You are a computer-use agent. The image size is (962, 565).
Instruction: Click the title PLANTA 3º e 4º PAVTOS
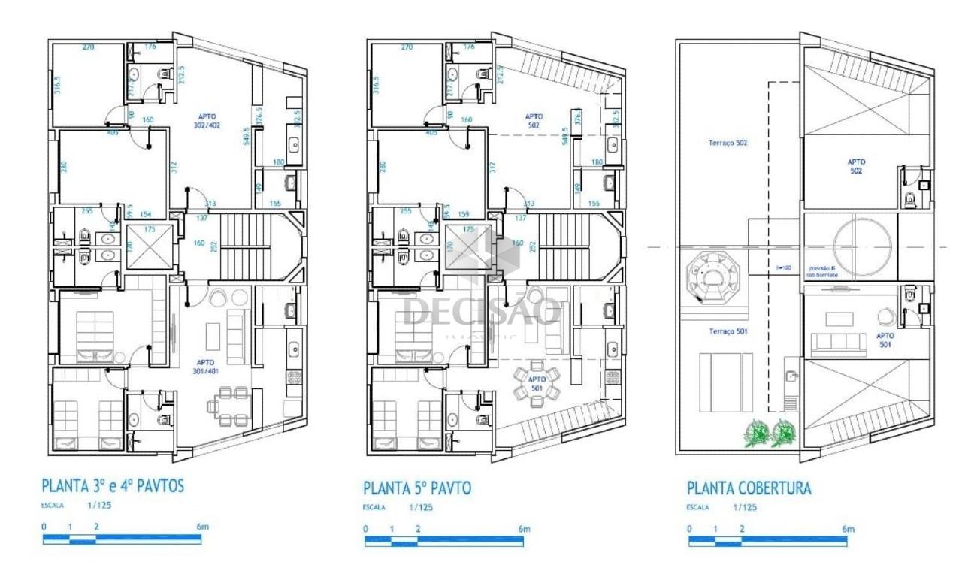(112, 485)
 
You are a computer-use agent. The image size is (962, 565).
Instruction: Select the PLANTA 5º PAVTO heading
(417, 488)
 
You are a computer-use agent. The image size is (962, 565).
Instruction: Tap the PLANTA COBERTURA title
(749, 488)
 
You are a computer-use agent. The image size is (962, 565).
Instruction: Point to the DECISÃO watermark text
(482, 311)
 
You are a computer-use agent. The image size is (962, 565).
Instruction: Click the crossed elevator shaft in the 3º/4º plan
(149, 246)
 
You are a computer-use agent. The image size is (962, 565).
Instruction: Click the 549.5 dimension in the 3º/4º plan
(246, 135)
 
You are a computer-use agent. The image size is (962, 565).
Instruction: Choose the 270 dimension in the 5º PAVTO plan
(407, 47)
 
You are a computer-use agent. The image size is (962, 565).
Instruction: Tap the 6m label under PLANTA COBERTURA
(848, 529)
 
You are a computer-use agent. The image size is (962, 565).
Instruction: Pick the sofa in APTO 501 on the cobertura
(839, 345)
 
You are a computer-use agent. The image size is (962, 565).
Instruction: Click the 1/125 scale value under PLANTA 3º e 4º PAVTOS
(99, 506)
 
